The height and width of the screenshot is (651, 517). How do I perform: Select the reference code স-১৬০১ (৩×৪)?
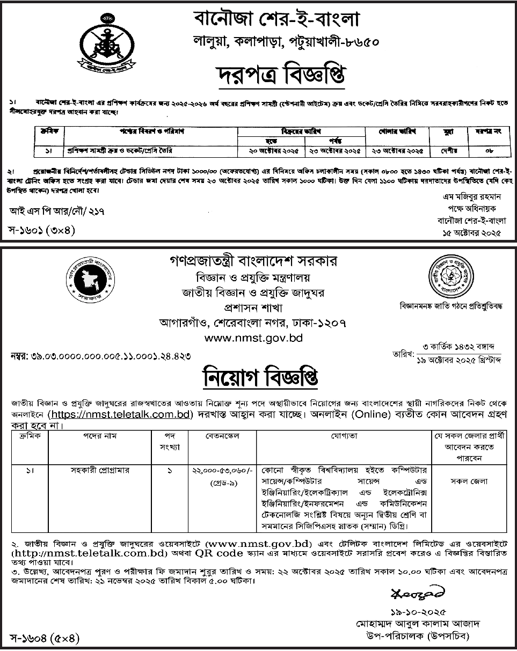point(41,231)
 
